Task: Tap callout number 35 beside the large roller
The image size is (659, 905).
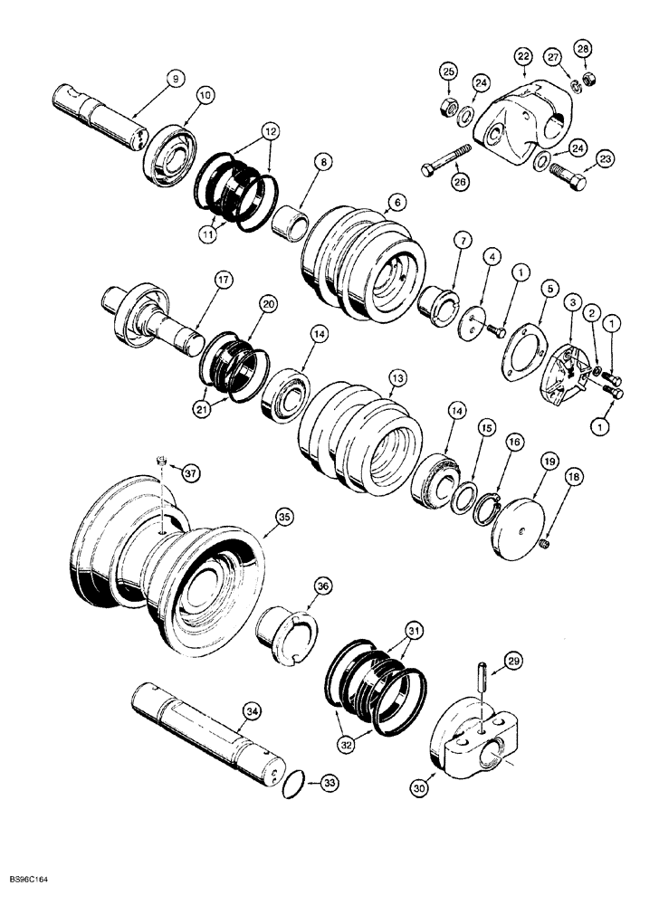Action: click(x=284, y=517)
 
